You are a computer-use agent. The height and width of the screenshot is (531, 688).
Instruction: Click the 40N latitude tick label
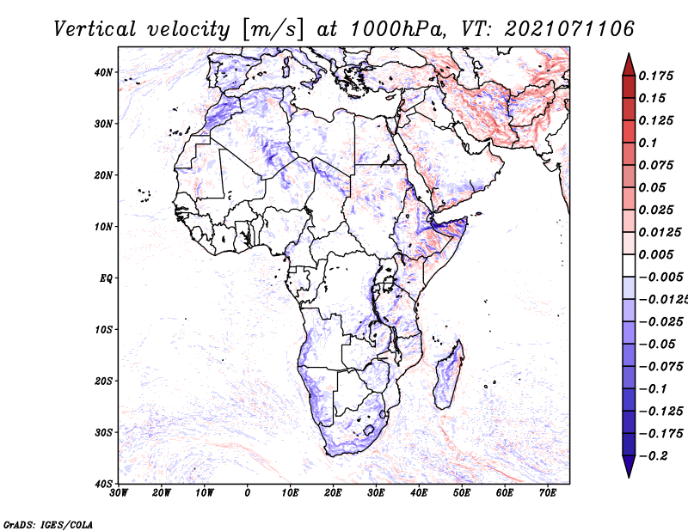103,72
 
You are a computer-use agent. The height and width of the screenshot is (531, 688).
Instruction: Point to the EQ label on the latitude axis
106,278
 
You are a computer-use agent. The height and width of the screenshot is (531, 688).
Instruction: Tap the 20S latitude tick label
103,381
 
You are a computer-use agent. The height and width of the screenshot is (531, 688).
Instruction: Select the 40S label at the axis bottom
103,484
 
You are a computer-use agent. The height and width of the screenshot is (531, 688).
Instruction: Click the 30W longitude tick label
119,493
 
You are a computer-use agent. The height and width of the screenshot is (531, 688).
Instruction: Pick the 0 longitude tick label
248,493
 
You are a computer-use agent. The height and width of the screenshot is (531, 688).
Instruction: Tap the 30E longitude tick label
376,493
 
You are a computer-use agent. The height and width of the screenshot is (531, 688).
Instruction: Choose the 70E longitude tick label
547,493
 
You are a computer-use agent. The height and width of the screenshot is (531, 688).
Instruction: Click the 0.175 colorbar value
655,76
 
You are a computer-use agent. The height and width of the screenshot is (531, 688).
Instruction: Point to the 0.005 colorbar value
655,254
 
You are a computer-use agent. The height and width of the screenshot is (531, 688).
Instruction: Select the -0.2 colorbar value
653,455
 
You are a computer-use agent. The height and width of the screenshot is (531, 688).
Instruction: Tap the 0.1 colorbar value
648,143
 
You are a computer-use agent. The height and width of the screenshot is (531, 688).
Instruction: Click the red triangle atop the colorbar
629,65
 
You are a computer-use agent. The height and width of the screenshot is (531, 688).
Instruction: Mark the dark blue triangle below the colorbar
629,467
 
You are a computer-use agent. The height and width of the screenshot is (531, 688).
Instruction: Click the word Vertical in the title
95,29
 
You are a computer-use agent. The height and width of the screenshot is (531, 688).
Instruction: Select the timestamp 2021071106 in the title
569,29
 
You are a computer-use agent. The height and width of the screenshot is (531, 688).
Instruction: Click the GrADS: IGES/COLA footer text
48,524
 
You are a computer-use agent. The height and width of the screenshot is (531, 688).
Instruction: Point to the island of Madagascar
448,375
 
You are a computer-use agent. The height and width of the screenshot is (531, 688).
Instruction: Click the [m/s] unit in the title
272,30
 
